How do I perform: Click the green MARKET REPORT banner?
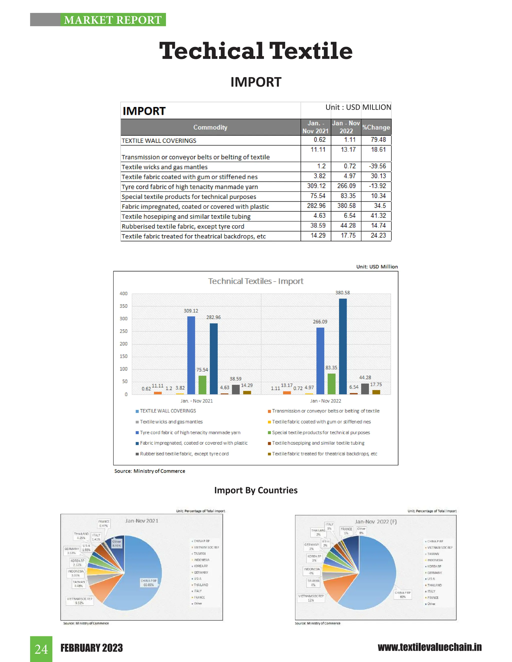[113, 20]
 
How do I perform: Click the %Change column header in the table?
[376, 127]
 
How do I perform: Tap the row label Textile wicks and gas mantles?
[164, 167]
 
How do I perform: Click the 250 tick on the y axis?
[123, 331]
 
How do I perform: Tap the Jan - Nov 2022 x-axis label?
[325, 401]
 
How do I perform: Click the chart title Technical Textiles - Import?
[255, 281]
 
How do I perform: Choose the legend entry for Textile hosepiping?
[318, 443]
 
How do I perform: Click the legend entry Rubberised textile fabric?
[184, 454]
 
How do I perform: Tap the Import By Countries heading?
[256, 490]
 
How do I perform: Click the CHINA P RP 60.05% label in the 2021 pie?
[149, 583]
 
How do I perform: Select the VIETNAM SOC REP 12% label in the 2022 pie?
[311, 598]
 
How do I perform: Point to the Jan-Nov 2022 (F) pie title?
[375, 522]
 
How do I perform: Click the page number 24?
[41, 649]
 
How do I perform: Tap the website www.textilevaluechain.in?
[429, 648]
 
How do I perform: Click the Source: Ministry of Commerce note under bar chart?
[149, 471]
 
